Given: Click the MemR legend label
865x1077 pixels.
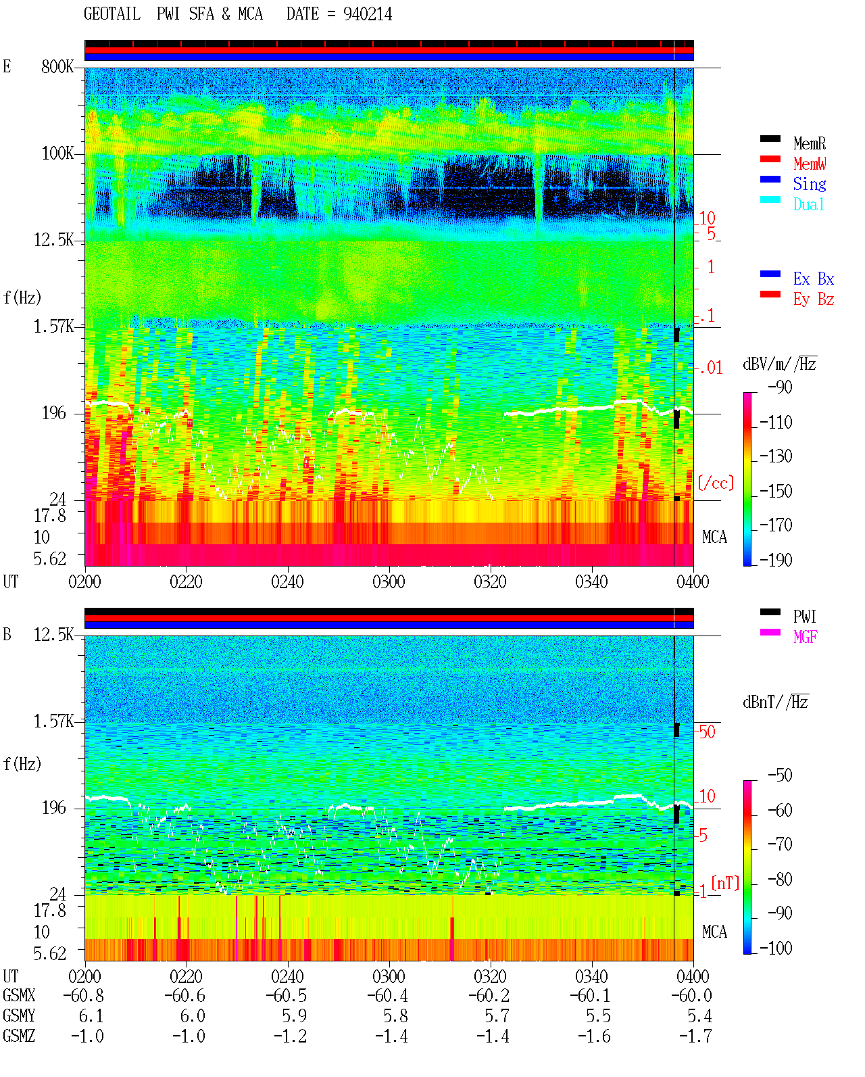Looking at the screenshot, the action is [x=809, y=143].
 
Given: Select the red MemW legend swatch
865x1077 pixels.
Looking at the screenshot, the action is [x=770, y=159].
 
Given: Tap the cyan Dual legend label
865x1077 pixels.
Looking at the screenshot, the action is [x=808, y=204].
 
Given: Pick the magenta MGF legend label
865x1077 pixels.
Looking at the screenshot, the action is [x=805, y=637].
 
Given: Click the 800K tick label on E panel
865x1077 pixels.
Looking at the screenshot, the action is [x=57, y=66].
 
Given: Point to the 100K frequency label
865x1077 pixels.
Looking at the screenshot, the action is [x=57, y=153].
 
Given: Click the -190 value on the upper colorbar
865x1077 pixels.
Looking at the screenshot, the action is [x=775, y=560].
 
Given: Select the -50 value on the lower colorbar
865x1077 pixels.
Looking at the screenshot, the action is [x=780, y=775].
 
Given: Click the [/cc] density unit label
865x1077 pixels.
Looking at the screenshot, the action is [x=716, y=483].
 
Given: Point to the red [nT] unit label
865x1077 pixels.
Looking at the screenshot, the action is [x=725, y=883].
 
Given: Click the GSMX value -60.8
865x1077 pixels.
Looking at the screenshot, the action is [x=83, y=995].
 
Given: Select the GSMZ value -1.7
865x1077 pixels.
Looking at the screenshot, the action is [x=695, y=1036].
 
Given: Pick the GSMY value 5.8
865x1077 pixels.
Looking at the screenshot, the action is [x=395, y=1015].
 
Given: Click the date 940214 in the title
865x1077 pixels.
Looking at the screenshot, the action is [x=368, y=14].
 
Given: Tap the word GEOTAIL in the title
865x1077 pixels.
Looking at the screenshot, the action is [x=112, y=14].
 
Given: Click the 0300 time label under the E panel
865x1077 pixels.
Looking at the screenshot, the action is [x=389, y=581].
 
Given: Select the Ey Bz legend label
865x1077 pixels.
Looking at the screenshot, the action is [x=814, y=300].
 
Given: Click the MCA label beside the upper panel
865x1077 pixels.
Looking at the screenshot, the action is [x=714, y=537].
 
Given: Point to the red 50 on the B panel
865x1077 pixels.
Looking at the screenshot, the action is [x=707, y=732].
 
